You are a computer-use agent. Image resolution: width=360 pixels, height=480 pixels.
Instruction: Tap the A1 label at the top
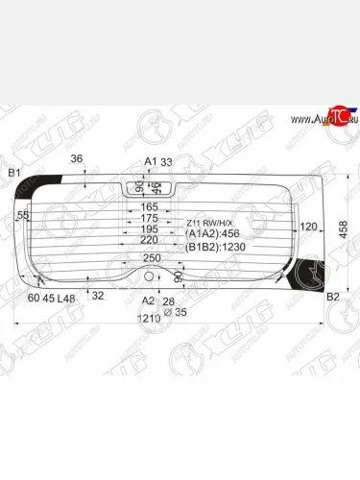(150, 161)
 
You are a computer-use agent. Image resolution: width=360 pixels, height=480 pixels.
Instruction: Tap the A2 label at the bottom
(148, 300)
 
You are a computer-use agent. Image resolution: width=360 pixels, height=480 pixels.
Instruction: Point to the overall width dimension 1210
(148, 317)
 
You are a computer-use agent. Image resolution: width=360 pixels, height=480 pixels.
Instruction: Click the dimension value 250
(151, 258)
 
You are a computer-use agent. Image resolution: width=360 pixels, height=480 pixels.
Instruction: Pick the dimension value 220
(150, 242)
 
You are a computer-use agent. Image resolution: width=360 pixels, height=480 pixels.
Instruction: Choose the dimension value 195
(150, 230)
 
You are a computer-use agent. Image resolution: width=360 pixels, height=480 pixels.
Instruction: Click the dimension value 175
(150, 219)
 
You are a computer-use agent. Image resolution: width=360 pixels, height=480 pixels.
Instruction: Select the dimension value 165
(150, 207)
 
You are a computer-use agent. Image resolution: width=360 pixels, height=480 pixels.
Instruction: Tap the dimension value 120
(308, 228)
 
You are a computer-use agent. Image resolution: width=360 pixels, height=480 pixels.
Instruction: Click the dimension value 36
(77, 159)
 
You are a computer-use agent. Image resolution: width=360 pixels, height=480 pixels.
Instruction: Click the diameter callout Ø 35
(168, 314)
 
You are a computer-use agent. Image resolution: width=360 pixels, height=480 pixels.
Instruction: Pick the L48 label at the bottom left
(66, 299)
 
